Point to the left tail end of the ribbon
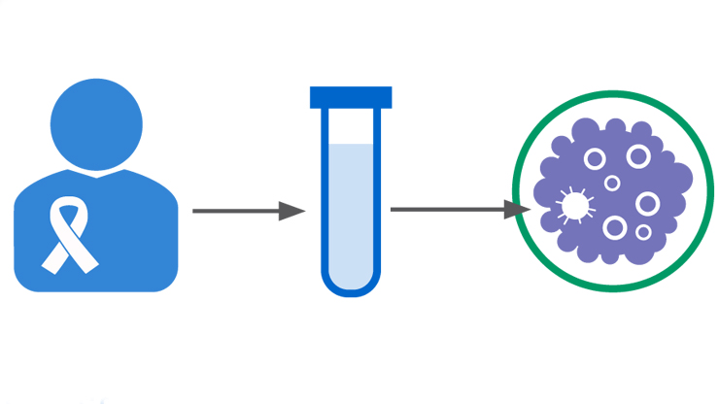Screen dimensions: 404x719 [x=51, y=260]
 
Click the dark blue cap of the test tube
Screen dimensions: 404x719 [x=351, y=97]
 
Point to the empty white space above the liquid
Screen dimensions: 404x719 [x=351, y=126]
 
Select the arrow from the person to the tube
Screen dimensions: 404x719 [x=238, y=211]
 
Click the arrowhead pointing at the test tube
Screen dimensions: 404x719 [x=291, y=211]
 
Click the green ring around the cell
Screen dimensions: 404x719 [x=612, y=94]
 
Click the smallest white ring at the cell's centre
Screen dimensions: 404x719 [x=612, y=183]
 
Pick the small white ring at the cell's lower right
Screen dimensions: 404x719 [x=642, y=233]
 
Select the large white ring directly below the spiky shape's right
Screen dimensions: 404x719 [x=614, y=227]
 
